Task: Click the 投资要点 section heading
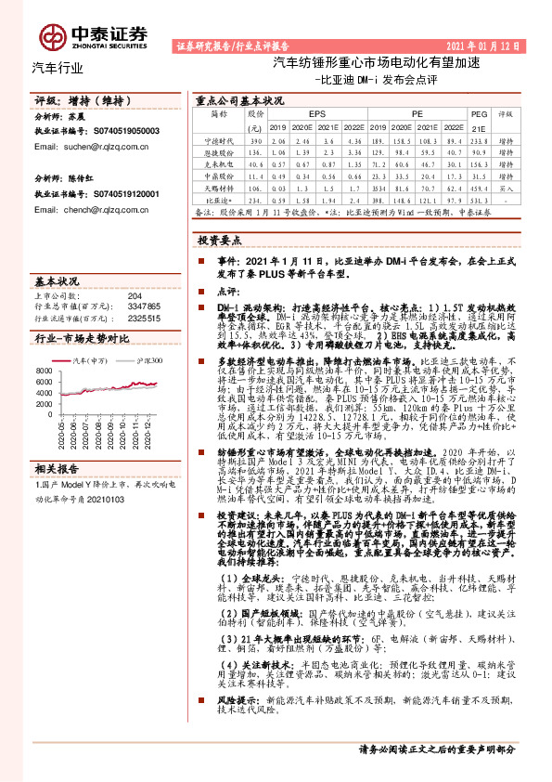[220, 240]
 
